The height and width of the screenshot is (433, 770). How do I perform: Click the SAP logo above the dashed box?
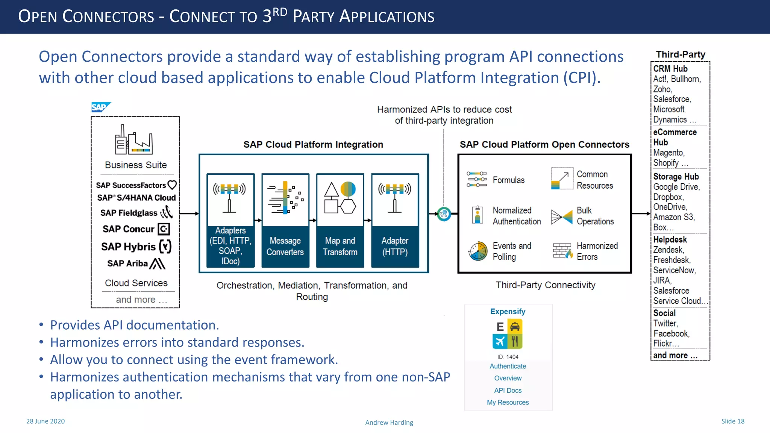(x=100, y=107)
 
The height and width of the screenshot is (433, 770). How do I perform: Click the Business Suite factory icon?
(x=134, y=140)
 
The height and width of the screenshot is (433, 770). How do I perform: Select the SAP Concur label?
(x=129, y=229)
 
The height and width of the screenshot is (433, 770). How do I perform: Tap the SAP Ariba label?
(x=127, y=263)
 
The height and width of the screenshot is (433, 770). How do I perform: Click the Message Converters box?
(x=285, y=221)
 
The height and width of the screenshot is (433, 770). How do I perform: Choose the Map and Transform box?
(x=340, y=221)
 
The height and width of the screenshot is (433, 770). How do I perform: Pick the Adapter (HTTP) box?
(x=395, y=221)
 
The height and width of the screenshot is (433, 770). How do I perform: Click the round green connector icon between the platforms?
(x=444, y=214)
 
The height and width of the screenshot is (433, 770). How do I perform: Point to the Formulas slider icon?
(x=477, y=180)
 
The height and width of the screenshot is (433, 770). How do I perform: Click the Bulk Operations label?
(x=595, y=216)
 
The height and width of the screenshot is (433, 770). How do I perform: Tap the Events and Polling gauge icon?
(x=478, y=251)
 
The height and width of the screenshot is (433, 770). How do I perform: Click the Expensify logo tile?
(x=508, y=334)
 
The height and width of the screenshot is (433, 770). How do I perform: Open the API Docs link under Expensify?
(x=508, y=390)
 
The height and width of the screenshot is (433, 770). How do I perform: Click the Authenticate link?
(x=508, y=366)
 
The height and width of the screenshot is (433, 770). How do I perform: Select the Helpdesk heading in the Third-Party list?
(x=670, y=239)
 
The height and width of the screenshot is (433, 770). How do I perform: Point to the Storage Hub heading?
(x=676, y=177)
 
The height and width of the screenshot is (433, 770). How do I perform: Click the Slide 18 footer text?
(x=732, y=421)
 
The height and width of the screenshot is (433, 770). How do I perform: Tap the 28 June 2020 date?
(x=45, y=421)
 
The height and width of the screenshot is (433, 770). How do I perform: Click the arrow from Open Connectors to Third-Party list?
(x=641, y=213)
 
